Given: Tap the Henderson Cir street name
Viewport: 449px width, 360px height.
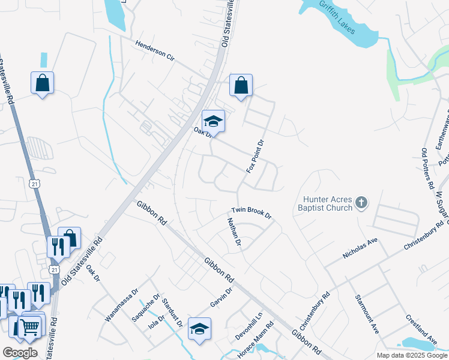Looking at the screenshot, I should (x=155, y=52).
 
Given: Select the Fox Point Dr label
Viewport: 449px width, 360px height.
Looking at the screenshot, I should (x=255, y=157).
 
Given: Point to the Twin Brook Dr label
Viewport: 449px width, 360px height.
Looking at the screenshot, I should (x=252, y=213).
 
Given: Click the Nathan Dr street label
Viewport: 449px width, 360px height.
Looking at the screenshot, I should (x=234, y=233).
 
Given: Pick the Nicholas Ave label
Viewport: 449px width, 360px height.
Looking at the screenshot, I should (x=360, y=247).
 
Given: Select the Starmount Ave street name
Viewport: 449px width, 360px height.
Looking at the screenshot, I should (x=366, y=314).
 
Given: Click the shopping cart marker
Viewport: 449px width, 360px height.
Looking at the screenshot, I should (x=29, y=328).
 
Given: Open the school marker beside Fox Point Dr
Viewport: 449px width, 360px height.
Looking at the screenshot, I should (x=213, y=122).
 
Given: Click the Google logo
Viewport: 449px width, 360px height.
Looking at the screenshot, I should (x=19, y=352).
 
